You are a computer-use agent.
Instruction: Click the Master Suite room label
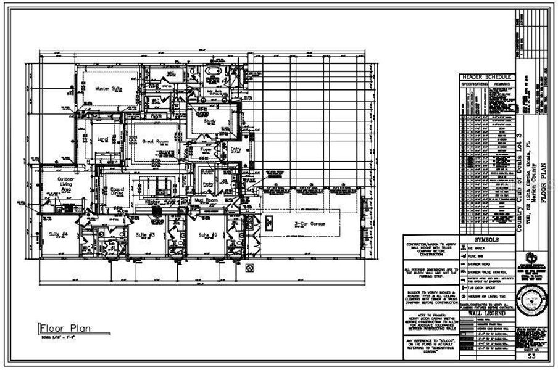[109, 89]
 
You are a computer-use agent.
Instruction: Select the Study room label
[208, 121]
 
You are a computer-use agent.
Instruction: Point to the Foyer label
[205, 149]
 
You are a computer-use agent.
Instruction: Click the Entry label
[236, 149]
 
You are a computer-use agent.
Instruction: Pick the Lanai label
[103, 139]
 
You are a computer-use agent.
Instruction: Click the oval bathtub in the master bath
[214, 73]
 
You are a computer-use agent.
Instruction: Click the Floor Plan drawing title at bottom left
[65, 328]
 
